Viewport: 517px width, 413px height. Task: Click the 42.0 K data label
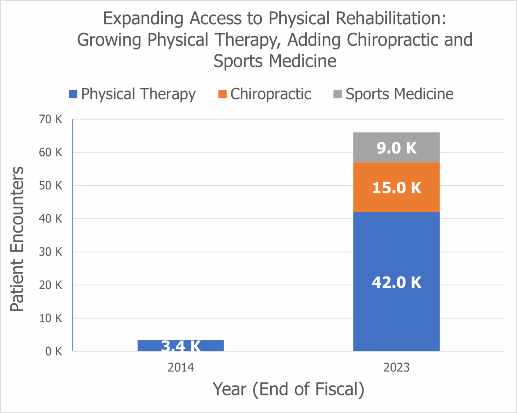coord(396,282)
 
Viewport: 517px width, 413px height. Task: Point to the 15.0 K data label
coord(396,188)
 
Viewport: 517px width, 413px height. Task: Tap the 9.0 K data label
coord(396,148)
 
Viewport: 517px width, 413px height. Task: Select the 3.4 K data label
coord(181,346)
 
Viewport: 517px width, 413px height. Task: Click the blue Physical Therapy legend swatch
coord(73,94)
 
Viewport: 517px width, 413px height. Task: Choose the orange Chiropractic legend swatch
coord(222,94)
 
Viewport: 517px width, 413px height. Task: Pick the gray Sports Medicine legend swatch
coord(338,94)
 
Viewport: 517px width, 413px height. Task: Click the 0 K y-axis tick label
coord(54,351)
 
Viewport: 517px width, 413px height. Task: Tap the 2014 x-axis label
coord(181,368)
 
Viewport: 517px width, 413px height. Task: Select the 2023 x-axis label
coord(396,368)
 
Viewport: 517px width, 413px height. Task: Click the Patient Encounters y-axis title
coord(17,240)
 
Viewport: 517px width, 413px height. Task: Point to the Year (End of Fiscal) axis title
coord(289,389)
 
